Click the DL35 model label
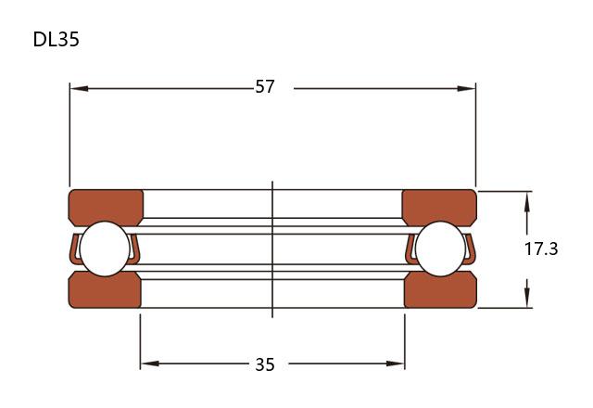[x=57, y=39]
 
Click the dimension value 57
[x=265, y=87]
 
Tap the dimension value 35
[x=265, y=364]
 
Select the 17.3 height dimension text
[x=541, y=249]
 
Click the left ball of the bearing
[x=105, y=249]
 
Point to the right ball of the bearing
[x=440, y=249]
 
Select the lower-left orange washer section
[x=105, y=290]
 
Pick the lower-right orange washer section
[x=440, y=290]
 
